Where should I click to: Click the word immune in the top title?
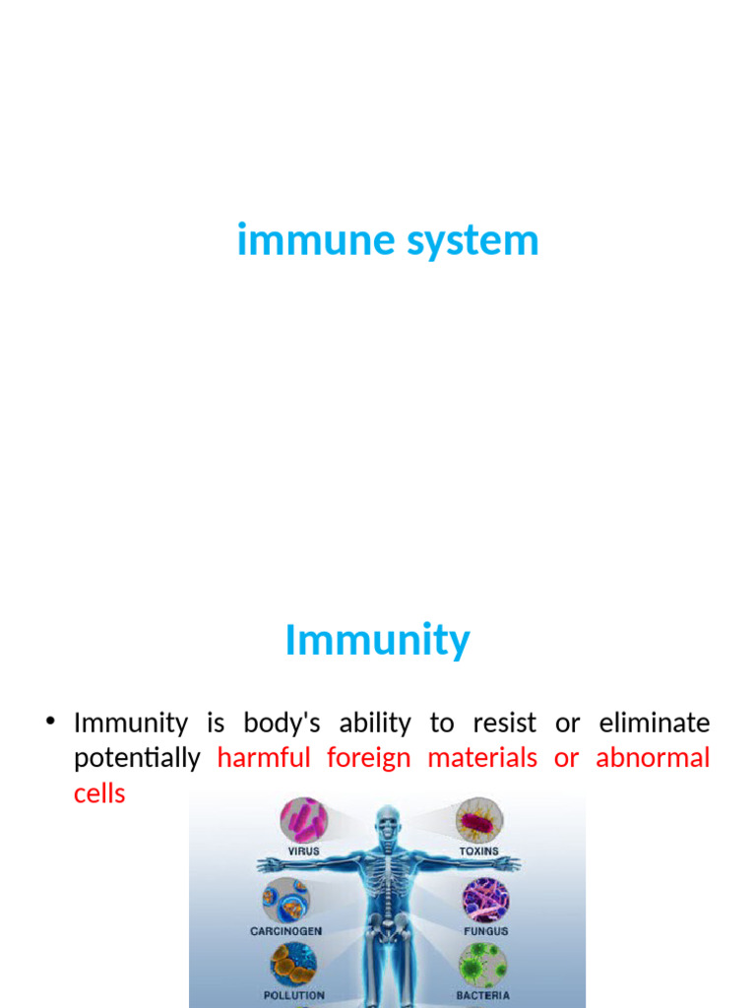pos(300,241)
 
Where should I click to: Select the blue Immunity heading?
pos(377,641)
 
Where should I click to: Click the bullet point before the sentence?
pos(50,724)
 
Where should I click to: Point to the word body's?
pos(282,724)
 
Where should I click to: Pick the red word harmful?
pos(263,758)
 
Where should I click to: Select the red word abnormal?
pos(653,758)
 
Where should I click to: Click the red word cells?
pos(99,793)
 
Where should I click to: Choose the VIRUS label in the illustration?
pos(303,851)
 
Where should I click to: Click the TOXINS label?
pos(478,851)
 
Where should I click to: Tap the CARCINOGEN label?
pos(285,931)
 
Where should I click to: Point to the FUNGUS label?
pos(485,931)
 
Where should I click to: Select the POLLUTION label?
pos(293,996)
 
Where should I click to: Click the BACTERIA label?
pos(482,996)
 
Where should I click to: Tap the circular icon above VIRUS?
pos(303,820)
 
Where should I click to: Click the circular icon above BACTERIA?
pos(483,966)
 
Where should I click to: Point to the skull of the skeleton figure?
pos(389,822)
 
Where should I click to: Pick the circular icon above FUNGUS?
pos(485,899)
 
